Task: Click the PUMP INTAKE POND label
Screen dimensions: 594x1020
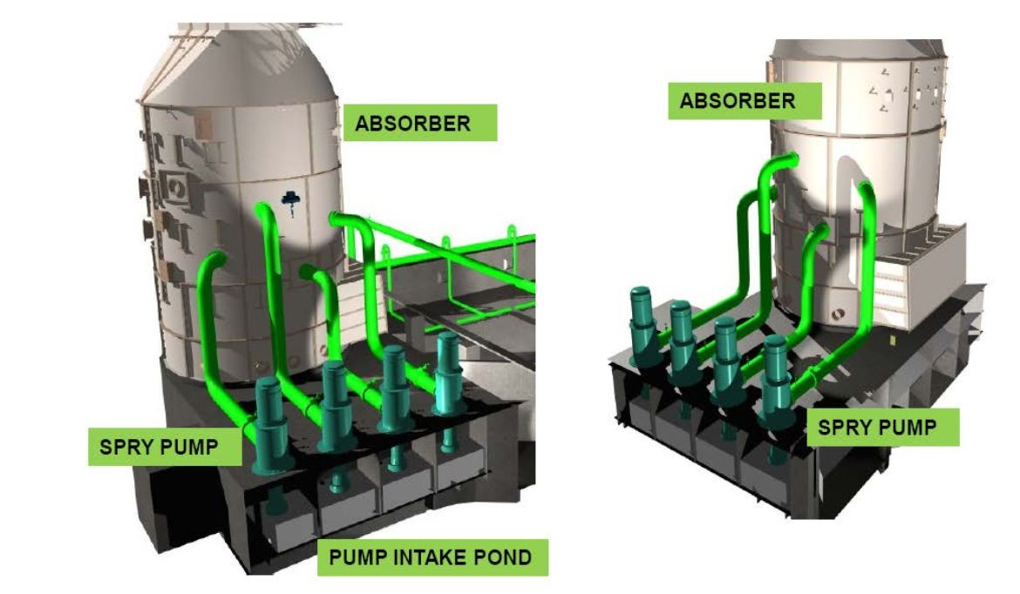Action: pyautogui.click(x=432, y=557)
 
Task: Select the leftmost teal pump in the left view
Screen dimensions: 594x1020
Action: pyautogui.click(x=270, y=427)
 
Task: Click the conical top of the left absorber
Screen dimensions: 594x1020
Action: pyautogui.click(x=240, y=70)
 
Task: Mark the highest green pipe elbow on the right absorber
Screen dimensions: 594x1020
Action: pyautogui.click(x=785, y=161)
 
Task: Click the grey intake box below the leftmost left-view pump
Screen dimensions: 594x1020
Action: pyautogui.click(x=277, y=523)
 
